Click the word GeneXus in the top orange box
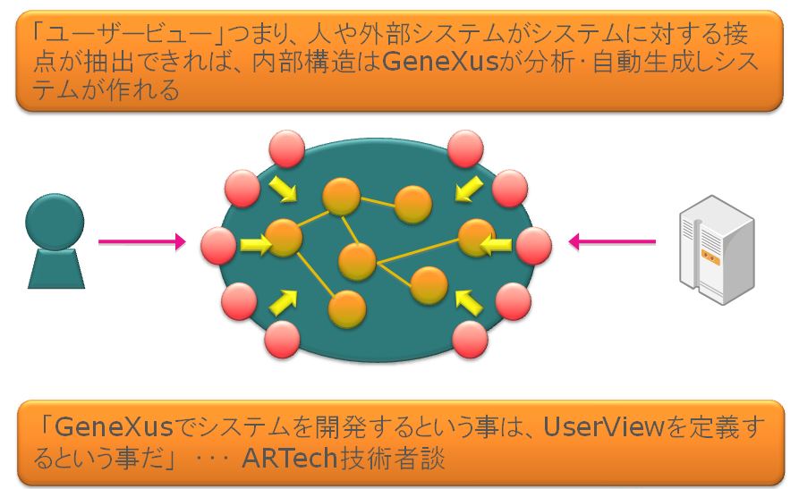[439, 62]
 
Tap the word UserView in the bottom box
[603, 426]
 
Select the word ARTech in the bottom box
[290, 458]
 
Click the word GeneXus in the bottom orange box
[114, 426]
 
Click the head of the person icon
[55, 222]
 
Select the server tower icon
[717, 249]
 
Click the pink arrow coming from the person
[141, 242]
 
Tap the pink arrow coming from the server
[612, 241]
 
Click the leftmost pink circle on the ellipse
[218, 246]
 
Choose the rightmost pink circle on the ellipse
[533, 246]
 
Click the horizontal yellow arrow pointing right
[256, 245]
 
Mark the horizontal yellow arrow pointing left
[496, 246]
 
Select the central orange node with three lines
[357, 262]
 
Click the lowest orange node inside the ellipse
[347, 309]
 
